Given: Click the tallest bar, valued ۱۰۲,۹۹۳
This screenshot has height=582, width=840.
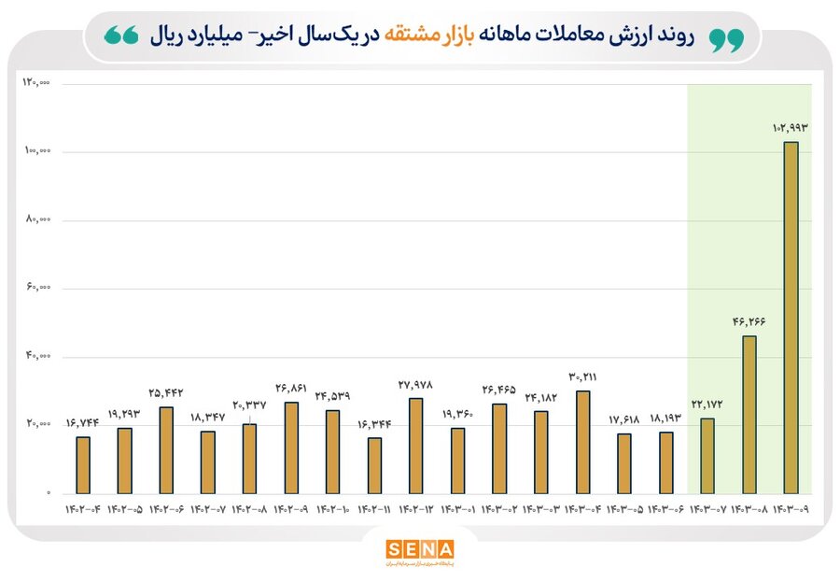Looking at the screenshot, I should click(791, 318).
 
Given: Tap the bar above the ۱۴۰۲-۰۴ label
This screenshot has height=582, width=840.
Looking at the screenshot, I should click(83, 464).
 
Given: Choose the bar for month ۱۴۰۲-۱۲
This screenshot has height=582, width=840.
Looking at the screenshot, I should click(415, 445).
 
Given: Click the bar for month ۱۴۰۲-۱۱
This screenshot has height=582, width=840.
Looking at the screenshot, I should click(374, 464).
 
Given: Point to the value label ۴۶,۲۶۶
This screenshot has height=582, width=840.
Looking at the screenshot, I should click(749, 321).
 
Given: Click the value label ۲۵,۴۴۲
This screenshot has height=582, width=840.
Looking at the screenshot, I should click(166, 392).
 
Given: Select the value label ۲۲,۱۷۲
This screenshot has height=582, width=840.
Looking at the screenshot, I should click(707, 404).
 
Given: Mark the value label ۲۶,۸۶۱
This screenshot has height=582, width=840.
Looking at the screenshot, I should click(291, 387).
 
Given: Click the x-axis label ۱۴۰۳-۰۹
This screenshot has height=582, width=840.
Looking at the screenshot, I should click(791, 510).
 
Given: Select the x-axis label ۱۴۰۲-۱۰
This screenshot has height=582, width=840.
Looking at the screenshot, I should click(332, 510).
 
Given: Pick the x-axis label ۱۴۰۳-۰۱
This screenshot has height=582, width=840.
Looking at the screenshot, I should click(457, 510).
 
